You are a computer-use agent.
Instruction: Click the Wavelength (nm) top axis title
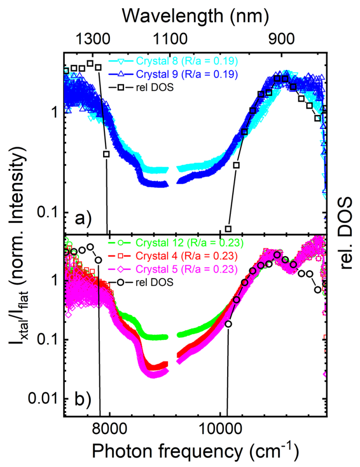pos(195,16)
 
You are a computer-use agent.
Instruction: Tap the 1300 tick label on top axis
pos(93,39)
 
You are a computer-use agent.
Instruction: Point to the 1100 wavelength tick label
pos(170,39)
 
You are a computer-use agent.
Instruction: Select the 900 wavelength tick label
pos(282,39)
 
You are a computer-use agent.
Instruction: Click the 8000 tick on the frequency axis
pos(110,429)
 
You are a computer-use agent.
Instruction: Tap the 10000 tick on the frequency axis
pos(220,429)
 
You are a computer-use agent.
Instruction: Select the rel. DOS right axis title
pos(346,233)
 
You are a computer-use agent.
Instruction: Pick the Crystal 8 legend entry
pos(173,61)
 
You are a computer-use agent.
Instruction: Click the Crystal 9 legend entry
pos(173,74)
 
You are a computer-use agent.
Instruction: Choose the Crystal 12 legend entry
pos(176,243)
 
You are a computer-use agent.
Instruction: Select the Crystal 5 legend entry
pos(173,269)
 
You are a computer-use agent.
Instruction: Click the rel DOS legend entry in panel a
pos(141,87)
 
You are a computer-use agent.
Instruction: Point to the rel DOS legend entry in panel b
pos(141,282)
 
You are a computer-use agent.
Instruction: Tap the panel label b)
pos(83,400)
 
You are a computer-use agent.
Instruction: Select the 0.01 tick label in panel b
pos(45,399)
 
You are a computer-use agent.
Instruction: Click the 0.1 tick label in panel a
pos(49,212)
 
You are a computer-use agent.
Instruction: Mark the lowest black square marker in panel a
pos(228,229)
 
